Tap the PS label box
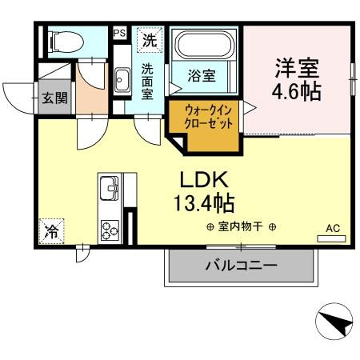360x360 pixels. click(x=119, y=34)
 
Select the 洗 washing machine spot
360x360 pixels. click(x=150, y=38)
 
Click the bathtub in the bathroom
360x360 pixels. click(x=205, y=49)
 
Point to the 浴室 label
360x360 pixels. click(x=201, y=77)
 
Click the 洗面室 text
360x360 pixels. click(x=149, y=81)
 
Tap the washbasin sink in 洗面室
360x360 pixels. click(x=122, y=79)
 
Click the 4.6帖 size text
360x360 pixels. click(x=298, y=92)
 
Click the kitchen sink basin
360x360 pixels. click(x=109, y=190)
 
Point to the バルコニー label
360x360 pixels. click(x=241, y=265)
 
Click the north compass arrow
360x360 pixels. click(x=334, y=323)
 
